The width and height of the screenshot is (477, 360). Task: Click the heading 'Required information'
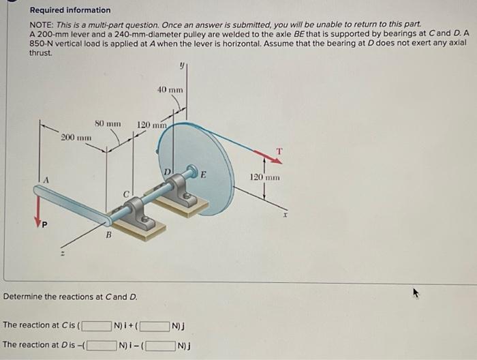[70, 10]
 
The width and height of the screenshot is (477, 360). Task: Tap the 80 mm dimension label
[108, 124]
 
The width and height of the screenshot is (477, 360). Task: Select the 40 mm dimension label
[170, 90]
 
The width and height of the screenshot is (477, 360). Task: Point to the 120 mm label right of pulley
[265, 177]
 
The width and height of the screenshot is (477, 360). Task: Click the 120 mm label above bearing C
[152, 125]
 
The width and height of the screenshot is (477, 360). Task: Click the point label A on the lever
[47, 179]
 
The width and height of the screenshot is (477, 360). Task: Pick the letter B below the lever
[107, 236]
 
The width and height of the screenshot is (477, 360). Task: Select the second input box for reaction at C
[155, 326]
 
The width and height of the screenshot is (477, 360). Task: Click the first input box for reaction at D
[102, 344]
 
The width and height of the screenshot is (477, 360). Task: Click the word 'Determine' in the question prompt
[25, 297]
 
